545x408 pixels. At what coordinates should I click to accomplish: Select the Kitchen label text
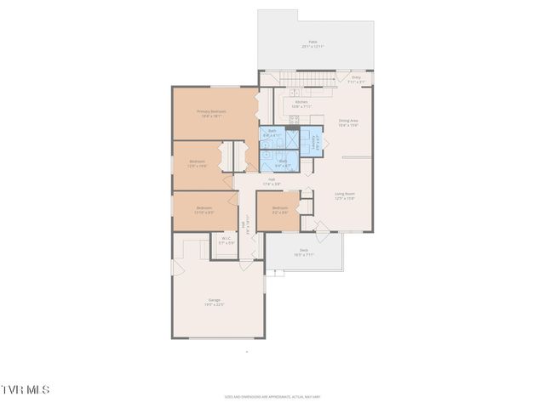(x=301, y=104)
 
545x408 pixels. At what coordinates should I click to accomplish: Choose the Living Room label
(x=344, y=195)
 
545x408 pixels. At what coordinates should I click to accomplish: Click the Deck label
(x=303, y=252)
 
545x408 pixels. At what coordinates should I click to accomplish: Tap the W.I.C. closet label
(x=227, y=241)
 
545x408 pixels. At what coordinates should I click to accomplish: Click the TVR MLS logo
(x=26, y=389)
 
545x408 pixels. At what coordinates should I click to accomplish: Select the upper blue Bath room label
(x=272, y=133)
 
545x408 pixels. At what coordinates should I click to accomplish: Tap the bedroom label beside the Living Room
(x=280, y=210)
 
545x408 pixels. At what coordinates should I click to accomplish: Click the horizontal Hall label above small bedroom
(x=272, y=181)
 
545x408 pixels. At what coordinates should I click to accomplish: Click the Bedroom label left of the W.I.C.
(x=204, y=210)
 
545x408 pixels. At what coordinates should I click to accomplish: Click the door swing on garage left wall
(x=177, y=269)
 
